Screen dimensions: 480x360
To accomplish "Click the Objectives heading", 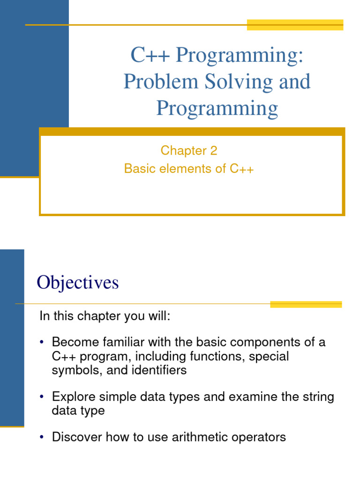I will (78, 283).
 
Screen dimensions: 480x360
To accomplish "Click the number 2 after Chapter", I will (214, 150).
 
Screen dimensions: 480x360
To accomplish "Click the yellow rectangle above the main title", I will (295, 25).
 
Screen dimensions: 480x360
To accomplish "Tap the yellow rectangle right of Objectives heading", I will (306, 304).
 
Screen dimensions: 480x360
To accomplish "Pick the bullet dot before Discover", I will (42, 438).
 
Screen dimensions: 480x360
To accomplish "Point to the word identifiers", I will (158, 370).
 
